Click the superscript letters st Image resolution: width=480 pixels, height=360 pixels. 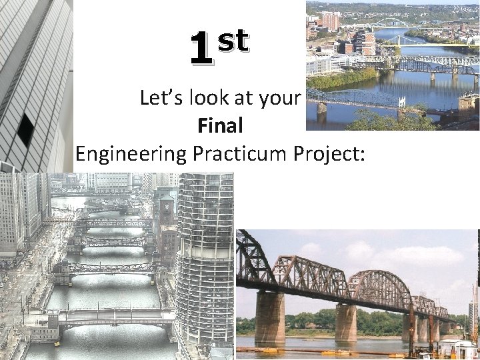coord(233,41)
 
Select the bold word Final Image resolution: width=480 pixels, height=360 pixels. coord(220,125)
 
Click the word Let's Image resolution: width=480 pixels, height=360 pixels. coord(157,99)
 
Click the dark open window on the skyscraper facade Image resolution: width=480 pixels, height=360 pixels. coord(26,129)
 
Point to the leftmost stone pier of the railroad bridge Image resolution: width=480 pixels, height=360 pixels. coord(269,318)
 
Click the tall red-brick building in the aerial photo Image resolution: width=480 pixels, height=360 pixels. coord(331,21)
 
